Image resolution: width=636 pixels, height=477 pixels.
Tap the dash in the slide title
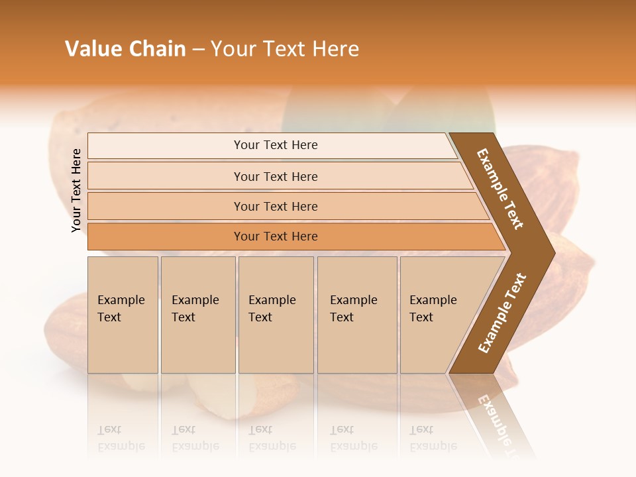[x=198, y=50]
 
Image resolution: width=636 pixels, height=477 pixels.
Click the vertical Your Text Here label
[x=76, y=191]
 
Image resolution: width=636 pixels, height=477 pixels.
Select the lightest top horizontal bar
[x=272, y=145]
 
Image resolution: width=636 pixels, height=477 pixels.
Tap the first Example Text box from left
[x=123, y=315]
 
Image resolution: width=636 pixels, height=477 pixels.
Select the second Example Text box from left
[x=198, y=315]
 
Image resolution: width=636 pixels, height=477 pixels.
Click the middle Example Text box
[x=276, y=315]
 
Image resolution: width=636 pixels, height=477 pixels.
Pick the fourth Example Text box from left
[x=357, y=315]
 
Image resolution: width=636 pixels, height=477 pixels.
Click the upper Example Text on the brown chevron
[x=500, y=189]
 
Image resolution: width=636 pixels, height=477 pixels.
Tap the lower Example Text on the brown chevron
[x=502, y=313]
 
